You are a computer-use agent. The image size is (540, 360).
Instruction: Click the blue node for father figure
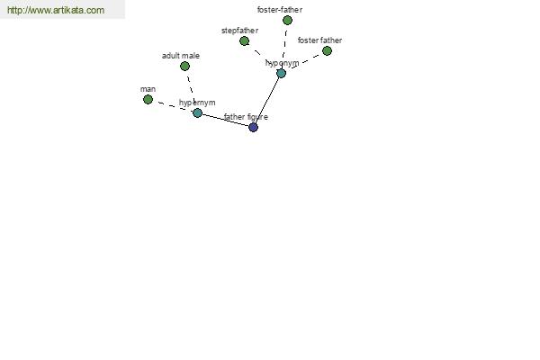tap(253, 127)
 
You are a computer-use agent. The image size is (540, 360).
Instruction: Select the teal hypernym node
tap(197, 112)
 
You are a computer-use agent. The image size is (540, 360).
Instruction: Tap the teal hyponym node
tap(282, 73)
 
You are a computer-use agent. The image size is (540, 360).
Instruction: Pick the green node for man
tap(148, 99)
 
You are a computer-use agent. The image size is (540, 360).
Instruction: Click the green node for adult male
tap(184, 66)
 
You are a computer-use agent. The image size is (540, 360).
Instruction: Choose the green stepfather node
tap(245, 41)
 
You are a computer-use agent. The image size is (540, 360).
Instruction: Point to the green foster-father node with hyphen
tap(288, 21)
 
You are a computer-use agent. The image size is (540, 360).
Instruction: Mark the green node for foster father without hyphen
tap(328, 51)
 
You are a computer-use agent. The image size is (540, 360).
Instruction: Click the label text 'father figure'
tap(246, 117)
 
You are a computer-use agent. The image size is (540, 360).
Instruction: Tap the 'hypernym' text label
tap(197, 103)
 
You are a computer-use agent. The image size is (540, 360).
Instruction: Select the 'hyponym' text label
tap(283, 63)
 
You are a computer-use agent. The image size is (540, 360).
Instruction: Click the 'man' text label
tap(148, 89)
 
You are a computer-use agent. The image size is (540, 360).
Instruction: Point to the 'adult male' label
tap(181, 56)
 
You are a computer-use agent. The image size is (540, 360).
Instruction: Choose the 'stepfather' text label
tap(240, 31)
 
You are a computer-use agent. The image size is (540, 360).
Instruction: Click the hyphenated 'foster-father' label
tap(280, 10)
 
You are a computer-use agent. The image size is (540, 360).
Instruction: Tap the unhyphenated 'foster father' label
tap(319, 40)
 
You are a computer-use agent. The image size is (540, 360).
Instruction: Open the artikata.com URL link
tap(56, 10)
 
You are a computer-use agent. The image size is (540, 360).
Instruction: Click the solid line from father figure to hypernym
tap(225, 120)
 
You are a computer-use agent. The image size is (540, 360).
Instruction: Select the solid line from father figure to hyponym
tap(267, 100)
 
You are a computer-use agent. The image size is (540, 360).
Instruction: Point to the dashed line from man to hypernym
tap(173, 106)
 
